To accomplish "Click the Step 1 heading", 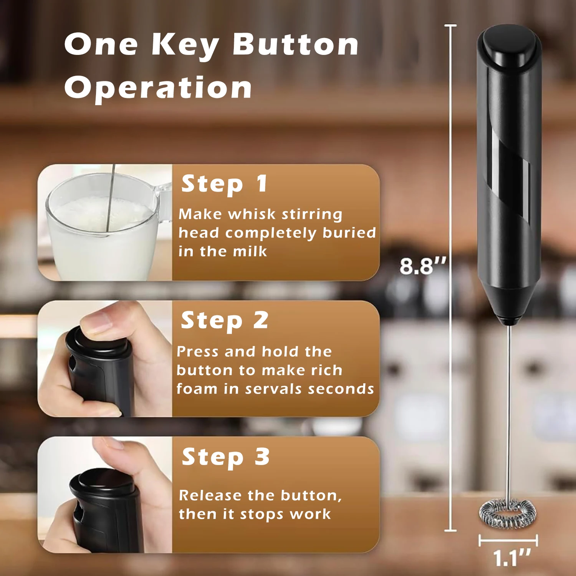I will click(x=224, y=184).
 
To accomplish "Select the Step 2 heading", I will click(x=224, y=321).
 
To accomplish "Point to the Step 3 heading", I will click(x=225, y=457).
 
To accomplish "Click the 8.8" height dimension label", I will click(x=422, y=266).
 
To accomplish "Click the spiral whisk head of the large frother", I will click(x=507, y=514).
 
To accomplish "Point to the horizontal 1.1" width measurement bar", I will click(x=508, y=541).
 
